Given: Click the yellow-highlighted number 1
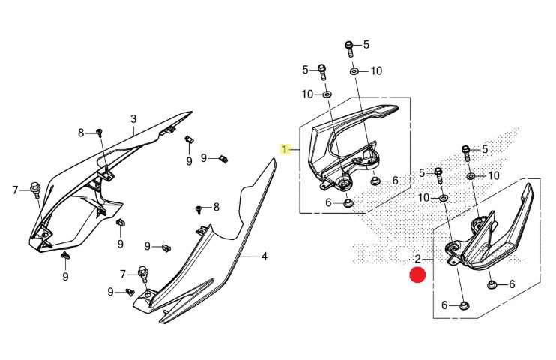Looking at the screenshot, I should [x=285, y=149].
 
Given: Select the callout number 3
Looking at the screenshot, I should [x=133, y=118].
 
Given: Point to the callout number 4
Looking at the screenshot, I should [x=265, y=256].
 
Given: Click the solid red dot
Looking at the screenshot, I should [x=417, y=275].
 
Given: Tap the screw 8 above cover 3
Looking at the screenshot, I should [x=98, y=133].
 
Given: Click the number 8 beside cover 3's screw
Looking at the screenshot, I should [x=82, y=133].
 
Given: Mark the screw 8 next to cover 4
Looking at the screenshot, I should [x=199, y=208].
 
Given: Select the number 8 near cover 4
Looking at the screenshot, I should [x=216, y=207].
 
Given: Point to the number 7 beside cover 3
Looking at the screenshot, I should [x=14, y=190].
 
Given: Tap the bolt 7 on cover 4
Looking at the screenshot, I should [x=142, y=270].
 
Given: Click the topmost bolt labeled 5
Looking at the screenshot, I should [x=349, y=46].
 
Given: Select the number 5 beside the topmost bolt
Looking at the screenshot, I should [x=366, y=45].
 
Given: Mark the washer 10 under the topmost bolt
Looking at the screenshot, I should [x=354, y=70].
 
